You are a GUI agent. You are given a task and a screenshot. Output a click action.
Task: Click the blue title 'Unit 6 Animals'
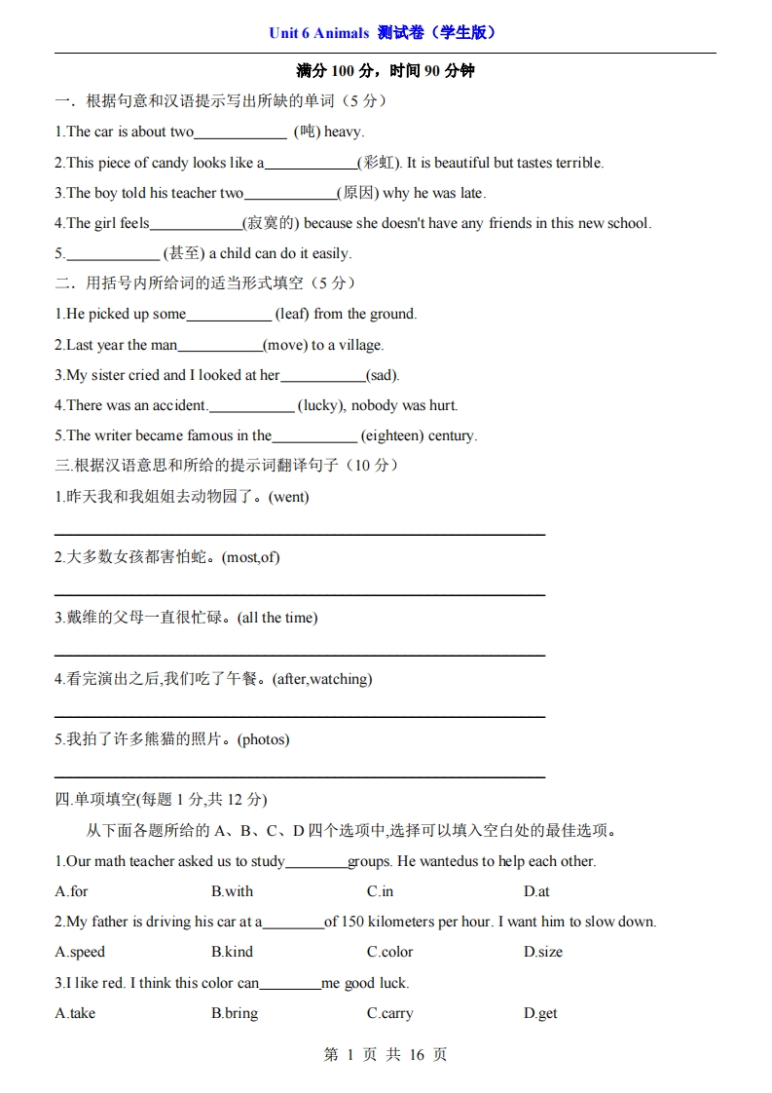pos(318,33)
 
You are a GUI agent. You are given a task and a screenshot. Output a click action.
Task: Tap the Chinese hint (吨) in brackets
pos(306,132)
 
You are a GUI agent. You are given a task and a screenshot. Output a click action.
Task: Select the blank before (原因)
pos(290,194)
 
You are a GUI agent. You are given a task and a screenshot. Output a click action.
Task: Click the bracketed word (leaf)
pos(292,314)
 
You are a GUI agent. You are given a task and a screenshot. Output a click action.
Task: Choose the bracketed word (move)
pos(285,345)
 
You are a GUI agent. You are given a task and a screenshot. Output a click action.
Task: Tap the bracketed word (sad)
pos(383,375)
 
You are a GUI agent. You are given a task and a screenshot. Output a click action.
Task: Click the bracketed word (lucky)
pos(320,405)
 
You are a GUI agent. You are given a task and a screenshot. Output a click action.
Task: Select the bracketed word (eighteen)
pos(391,435)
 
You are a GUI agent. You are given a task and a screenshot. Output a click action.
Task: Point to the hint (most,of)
pos(251,557)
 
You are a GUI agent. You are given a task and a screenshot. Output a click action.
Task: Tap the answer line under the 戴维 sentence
pos(299,655)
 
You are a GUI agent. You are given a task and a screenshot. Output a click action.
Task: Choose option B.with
pos(232,891)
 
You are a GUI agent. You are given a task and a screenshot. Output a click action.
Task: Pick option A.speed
pos(80,952)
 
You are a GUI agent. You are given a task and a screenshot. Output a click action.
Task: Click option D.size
pos(542,952)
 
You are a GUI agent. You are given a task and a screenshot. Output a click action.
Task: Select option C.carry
pos(389,1013)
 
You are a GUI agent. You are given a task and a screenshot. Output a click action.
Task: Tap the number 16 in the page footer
pos(417,1055)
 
